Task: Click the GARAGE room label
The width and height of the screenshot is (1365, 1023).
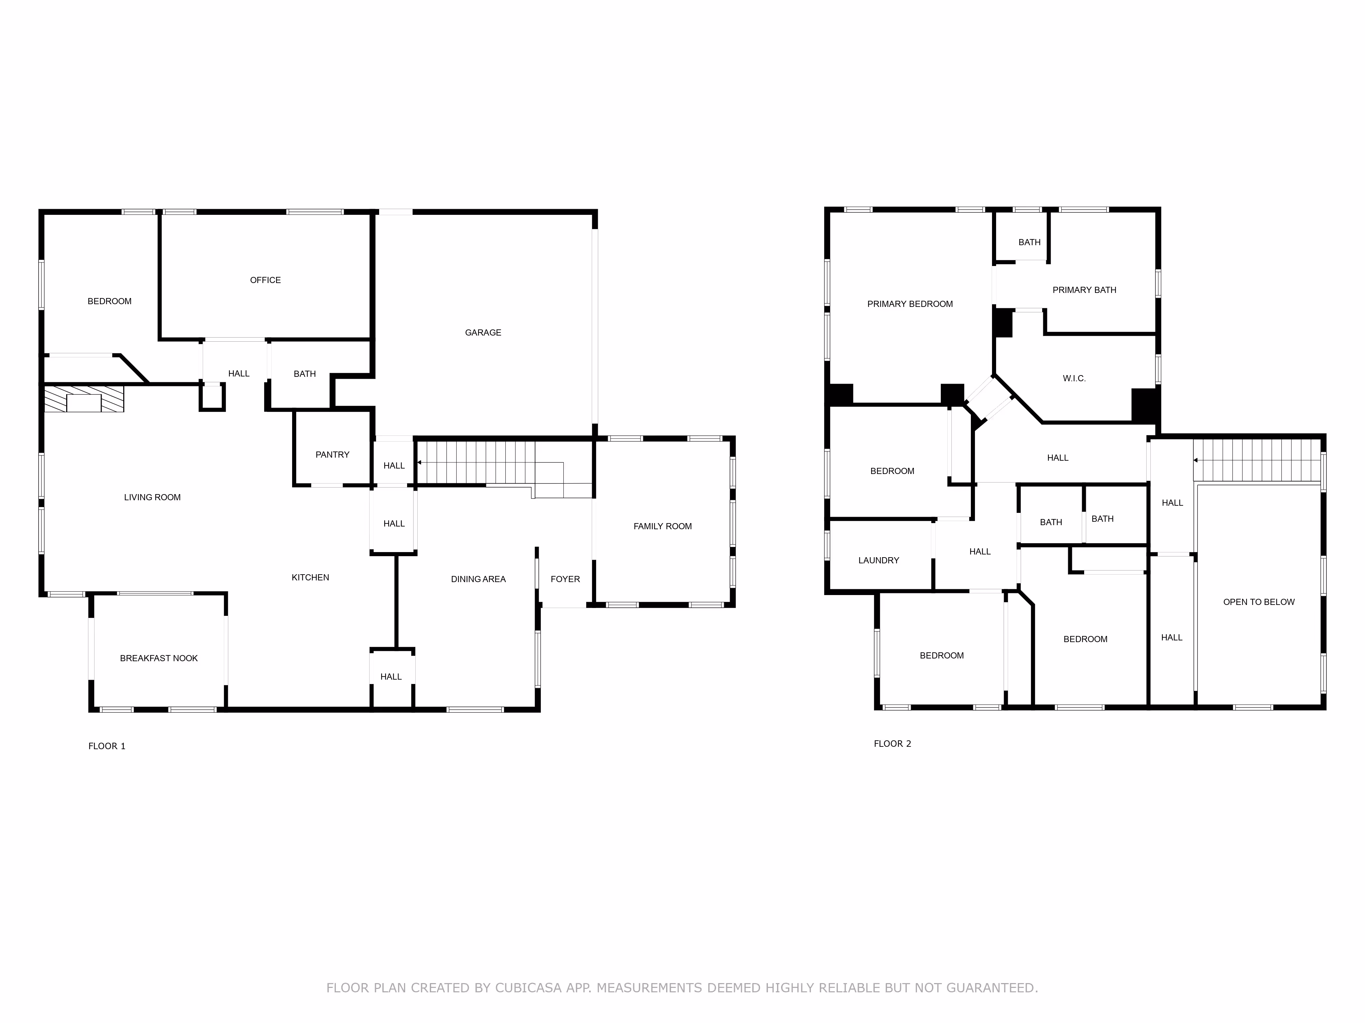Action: tap(483, 332)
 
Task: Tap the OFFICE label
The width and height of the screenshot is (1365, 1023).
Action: tap(265, 280)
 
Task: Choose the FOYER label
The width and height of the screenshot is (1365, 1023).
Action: tap(565, 579)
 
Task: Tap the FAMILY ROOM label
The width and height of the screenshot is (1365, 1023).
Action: tap(663, 526)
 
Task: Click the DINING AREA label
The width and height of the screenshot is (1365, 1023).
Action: tap(478, 579)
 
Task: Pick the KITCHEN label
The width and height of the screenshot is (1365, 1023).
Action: tap(311, 577)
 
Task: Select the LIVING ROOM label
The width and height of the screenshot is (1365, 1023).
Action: tap(153, 497)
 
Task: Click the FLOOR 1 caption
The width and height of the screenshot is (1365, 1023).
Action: tap(107, 746)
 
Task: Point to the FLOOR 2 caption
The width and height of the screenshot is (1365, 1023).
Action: tap(892, 744)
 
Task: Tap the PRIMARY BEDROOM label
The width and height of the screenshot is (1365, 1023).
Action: tap(910, 304)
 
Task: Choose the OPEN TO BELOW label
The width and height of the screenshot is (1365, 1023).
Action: tap(1259, 602)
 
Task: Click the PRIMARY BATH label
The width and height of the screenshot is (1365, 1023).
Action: tap(1084, 290)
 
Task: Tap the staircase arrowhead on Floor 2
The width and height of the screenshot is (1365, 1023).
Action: tap(1195, 460)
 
